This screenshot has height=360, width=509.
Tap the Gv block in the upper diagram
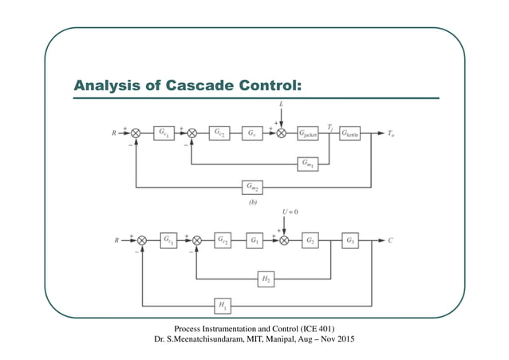tap(251, 133)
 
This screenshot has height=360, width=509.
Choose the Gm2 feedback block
tap(252, 188)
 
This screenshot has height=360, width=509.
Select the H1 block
tap(220, 304)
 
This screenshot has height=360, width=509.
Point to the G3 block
tap(351, 239)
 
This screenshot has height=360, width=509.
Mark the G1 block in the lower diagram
tap(255, 239)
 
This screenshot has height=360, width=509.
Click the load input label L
tap(281, 105)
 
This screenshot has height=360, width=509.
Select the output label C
tap(391, 239)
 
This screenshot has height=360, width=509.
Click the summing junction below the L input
tap(281, 133)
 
